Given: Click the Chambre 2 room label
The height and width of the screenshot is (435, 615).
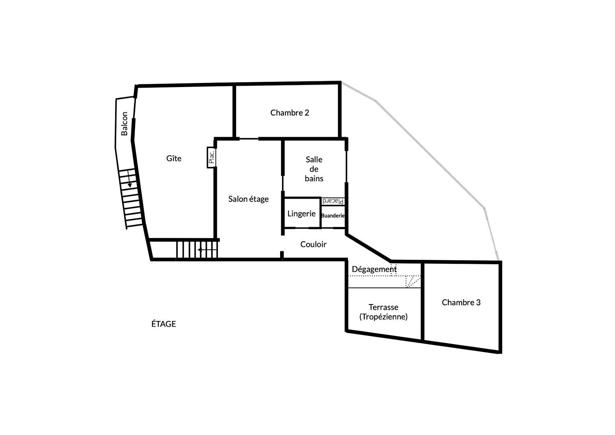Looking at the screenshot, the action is point(290,113).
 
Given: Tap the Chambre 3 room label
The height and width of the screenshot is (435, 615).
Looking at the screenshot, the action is point(461,302).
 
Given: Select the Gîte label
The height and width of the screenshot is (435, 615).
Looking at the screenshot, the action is point(174,158).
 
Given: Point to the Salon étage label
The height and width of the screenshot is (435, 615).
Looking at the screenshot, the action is point(248,199).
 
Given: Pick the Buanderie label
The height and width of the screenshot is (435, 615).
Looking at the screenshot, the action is point(333,216).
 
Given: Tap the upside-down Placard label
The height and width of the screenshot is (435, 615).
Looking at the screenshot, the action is point(333,201).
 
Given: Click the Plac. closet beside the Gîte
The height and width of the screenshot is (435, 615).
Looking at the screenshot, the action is point(211,157).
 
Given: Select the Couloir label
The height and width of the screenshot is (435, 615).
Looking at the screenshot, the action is point(313,244).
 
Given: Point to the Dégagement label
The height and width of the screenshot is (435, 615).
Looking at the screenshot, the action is point(374,269).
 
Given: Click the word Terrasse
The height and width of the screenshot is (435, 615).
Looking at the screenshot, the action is point(383,307).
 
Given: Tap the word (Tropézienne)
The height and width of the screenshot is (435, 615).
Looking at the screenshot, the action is point(383,317).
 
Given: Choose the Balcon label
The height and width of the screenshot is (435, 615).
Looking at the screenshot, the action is point(124,124).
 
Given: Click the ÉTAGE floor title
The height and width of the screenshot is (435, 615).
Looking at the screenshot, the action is point(164,324).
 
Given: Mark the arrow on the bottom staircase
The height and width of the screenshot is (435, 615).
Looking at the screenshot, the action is point(207,250).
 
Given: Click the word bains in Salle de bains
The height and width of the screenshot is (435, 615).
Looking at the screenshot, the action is point(314,178).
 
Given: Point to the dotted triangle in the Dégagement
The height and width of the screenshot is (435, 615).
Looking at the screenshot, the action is point(413,282).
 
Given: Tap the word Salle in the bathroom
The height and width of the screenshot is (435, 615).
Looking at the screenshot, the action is point(314,159).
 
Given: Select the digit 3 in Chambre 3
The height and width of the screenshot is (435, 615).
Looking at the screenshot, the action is point(478,302).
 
